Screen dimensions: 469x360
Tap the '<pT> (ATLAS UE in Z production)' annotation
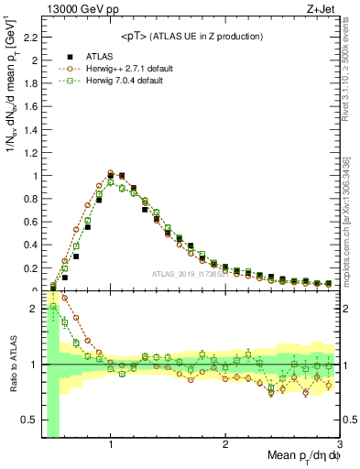coord(191,37)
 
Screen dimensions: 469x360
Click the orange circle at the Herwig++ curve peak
coord(111,172)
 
